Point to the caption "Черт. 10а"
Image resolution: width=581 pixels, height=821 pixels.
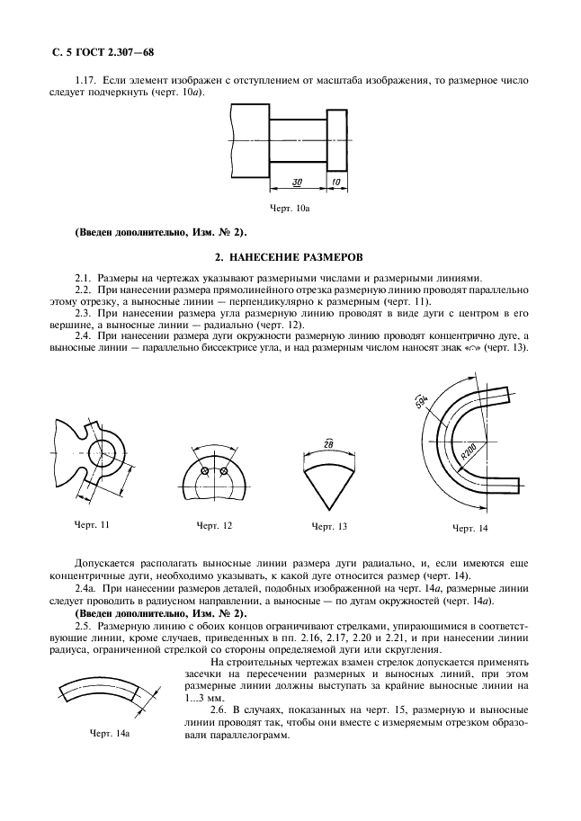tap(290, 209)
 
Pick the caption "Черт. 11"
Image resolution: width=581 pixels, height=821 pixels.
tap(93, 523)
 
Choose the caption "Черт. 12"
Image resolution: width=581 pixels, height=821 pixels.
tap(214, 525)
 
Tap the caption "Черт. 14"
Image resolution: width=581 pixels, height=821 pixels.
tap(469, 527)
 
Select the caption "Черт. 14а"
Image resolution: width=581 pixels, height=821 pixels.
tap(111, 734)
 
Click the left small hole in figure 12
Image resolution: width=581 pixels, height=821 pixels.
tap(205, 472)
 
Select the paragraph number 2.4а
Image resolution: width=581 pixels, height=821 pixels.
tap(87, 586)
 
